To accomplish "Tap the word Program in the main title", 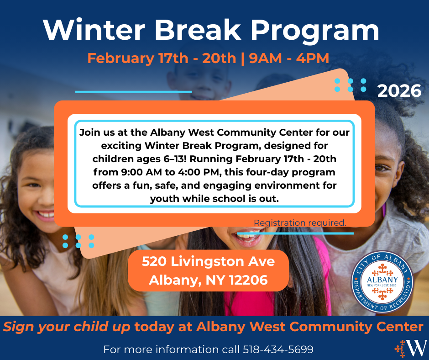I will [315, 30].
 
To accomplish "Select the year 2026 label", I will [399, 91].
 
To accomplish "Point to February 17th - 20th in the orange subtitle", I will [162, 58].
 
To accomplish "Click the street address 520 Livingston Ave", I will [208, 262].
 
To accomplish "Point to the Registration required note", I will [300, 223].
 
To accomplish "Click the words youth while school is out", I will [214, 199].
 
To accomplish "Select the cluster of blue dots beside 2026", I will [351, 85].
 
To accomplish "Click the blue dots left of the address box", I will [78, 241].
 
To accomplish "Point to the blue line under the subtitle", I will [133, 92].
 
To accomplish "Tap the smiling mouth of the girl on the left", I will [45, 214].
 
